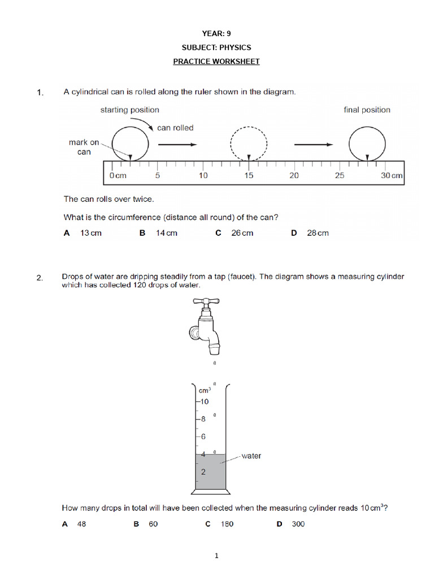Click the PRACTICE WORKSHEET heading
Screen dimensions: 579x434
216,61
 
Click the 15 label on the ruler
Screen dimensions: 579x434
249,176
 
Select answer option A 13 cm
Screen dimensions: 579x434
83,233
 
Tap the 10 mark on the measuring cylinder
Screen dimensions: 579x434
203,401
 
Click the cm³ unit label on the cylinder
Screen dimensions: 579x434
205,390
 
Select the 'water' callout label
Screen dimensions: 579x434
251,456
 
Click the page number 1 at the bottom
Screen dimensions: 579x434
216,556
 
